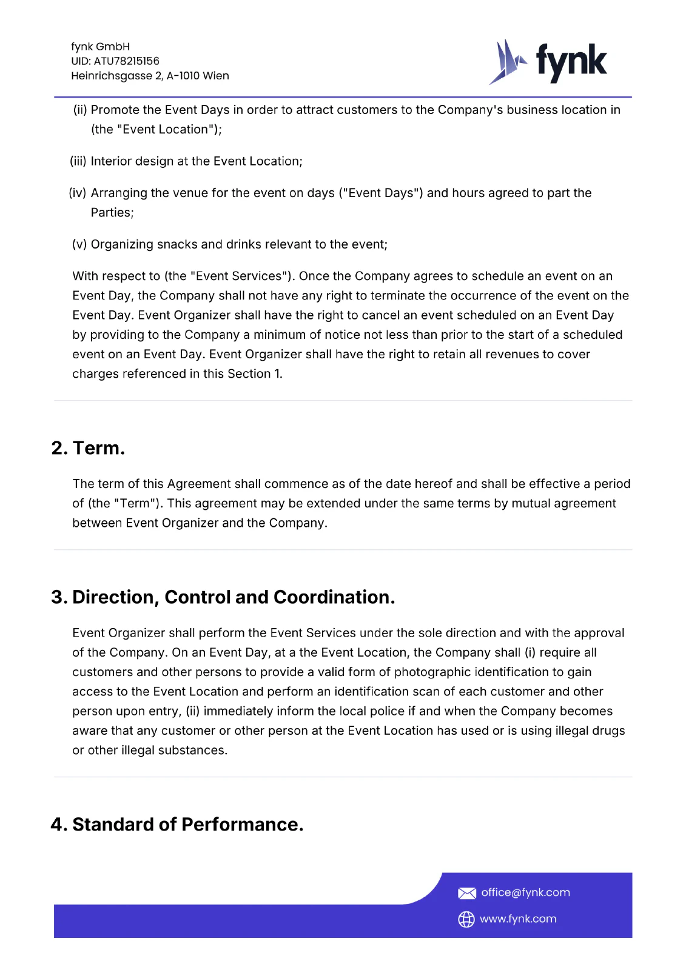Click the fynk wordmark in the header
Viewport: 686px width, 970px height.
point(571,62)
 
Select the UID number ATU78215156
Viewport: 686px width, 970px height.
point(126,61)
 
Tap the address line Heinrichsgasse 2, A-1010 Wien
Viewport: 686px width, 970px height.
point(150,76)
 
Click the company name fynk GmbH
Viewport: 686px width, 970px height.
point(100,47)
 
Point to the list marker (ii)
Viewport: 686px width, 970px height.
point(80,110)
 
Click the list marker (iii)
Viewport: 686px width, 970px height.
point(78,161)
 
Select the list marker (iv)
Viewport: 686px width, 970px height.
point(78,193)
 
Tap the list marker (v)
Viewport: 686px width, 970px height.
point(79,244)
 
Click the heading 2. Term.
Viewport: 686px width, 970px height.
point(88,448)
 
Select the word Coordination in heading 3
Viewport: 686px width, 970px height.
point(334,597)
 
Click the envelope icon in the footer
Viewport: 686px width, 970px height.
point(466,893)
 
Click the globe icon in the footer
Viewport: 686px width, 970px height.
point(466,919)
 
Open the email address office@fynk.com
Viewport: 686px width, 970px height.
point(525,892)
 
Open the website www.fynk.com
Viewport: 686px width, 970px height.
point(518,919)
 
